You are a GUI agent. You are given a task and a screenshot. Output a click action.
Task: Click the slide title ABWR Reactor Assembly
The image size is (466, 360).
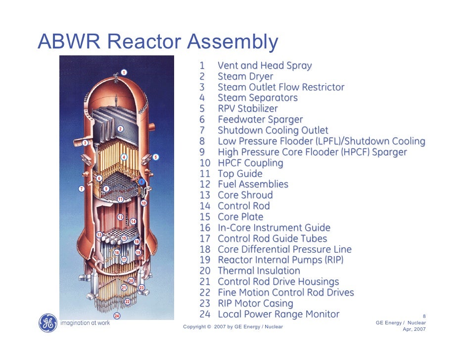(x=158, y=42)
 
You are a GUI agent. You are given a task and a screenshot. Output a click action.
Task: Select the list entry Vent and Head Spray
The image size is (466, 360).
(x=265, y=66)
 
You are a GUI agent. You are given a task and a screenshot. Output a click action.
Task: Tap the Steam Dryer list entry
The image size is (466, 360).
(x=245, y=77)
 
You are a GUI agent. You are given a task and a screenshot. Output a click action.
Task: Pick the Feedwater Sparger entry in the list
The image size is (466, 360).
(x=260, y=120)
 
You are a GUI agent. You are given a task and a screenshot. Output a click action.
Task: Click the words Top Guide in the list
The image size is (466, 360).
(x=240, y=174)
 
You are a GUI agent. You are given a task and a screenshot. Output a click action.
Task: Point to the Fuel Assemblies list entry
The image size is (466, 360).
(x=253, y=184)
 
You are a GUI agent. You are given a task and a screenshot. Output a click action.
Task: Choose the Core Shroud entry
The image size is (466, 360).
(x=245, y=195)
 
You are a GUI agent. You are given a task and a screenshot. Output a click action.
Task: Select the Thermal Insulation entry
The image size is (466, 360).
(x=259, y=271)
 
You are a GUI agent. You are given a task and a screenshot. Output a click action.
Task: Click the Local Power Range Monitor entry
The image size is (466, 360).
(x=279, y=315)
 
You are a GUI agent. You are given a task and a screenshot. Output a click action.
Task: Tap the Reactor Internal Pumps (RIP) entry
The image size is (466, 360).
(x=280, y=260)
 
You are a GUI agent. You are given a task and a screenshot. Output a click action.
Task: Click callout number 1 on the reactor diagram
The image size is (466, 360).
(x=124, y=73)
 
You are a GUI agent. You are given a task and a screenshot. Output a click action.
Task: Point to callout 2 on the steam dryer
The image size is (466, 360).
(x=120, y=129)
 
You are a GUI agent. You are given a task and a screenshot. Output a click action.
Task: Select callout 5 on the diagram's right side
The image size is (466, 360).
(x=155, y=157)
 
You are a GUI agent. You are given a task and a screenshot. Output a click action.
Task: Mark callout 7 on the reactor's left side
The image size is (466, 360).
(x=81, y=188)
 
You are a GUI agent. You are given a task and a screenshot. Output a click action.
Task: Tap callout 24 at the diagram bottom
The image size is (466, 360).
(x=117, y=315)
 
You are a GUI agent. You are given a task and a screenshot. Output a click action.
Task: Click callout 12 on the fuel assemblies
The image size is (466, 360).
(x=120, y=217)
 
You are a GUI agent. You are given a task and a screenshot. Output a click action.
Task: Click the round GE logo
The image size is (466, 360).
(x=47, y=323)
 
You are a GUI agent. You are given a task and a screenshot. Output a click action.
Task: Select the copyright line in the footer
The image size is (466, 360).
(x=233, y=327)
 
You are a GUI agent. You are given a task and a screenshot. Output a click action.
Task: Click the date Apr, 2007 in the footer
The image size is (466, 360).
(x=415, y=329)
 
